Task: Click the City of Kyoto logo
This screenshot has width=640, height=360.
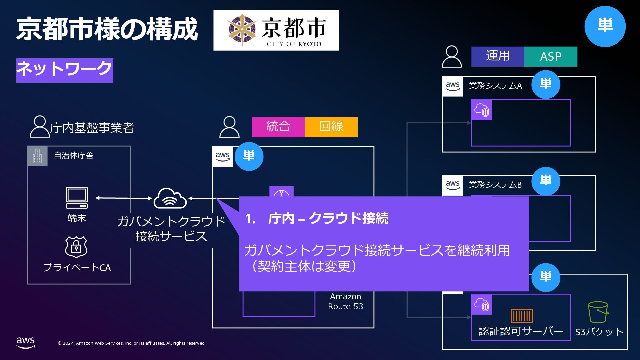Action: click(x=276, y=30)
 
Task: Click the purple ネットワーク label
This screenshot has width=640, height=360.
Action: click(x=65, y=70)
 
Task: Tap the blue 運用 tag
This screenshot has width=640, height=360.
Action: click(x=498, y=56)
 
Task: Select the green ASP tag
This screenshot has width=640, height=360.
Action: click(x=551, y=56)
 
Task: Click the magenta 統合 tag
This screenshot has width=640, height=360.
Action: click(x=278, y=127)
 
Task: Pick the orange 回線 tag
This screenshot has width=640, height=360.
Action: click(x=331, y=127)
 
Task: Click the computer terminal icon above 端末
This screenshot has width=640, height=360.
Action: click(x=77, y=198)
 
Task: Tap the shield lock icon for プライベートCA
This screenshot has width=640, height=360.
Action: click(x=76, y=247)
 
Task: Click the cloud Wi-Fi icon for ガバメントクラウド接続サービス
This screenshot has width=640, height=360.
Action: click(x=170, y=198)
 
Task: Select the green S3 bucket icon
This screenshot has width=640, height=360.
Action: click(x=598, y=312)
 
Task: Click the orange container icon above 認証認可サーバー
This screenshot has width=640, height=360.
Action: click(x=522, y=316)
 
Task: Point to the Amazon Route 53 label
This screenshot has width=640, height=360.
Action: click(x=345, y=301)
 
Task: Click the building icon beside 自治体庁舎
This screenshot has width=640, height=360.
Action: click(x=37, y=156)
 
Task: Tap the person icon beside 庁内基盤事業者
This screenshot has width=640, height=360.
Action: click(x=39, y=127)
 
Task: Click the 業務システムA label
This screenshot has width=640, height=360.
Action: click(x=495, y=86)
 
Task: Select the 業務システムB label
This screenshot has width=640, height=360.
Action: click(x=495, y=185)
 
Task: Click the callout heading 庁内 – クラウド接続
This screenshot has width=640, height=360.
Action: click(x=328, y=219)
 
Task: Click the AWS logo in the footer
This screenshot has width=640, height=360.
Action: click(x=26, y=342)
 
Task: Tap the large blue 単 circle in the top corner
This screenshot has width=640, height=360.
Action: click(x=605, y=26)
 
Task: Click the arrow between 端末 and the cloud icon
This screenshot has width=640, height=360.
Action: click(x=124, y=198)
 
